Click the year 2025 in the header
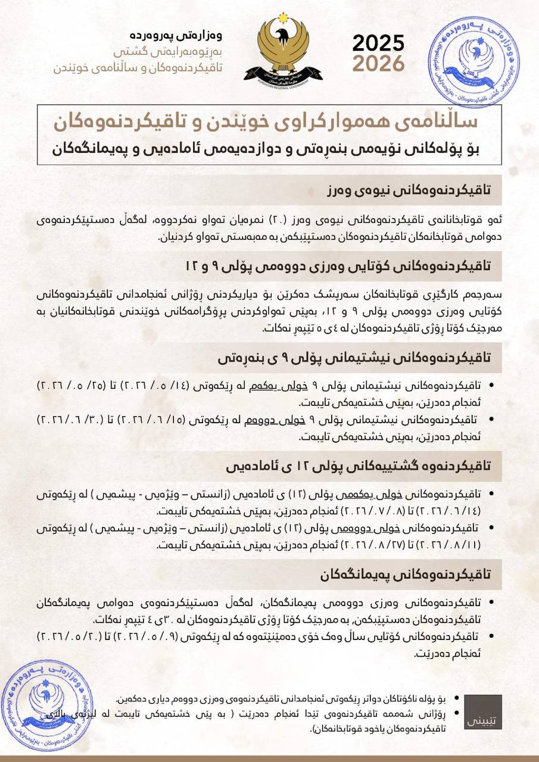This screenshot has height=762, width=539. point(378,43)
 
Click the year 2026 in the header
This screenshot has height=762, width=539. point(378,63)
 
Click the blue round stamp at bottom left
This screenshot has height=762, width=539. point(48,704)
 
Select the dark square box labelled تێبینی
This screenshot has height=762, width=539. point(483,712)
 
